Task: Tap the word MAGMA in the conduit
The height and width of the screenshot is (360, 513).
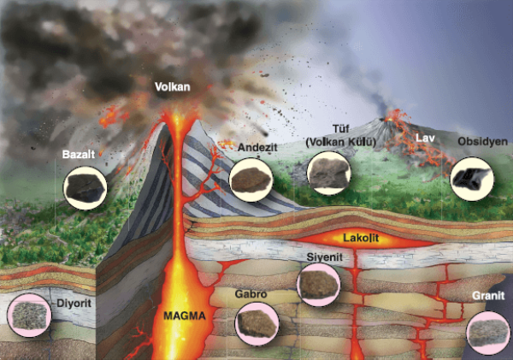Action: click(x=185, y=316)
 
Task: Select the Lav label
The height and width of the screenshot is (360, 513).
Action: click(x=426, y=138)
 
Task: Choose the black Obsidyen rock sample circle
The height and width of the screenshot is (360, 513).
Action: click(x=472, y=179)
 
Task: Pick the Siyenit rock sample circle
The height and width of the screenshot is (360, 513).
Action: click(x=318, y=285)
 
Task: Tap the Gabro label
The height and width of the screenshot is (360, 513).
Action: click(x=252, y=295)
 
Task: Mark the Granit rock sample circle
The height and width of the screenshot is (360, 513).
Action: click(x=488, y=331)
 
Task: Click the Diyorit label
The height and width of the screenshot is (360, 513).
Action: click(x=74, y=302)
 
